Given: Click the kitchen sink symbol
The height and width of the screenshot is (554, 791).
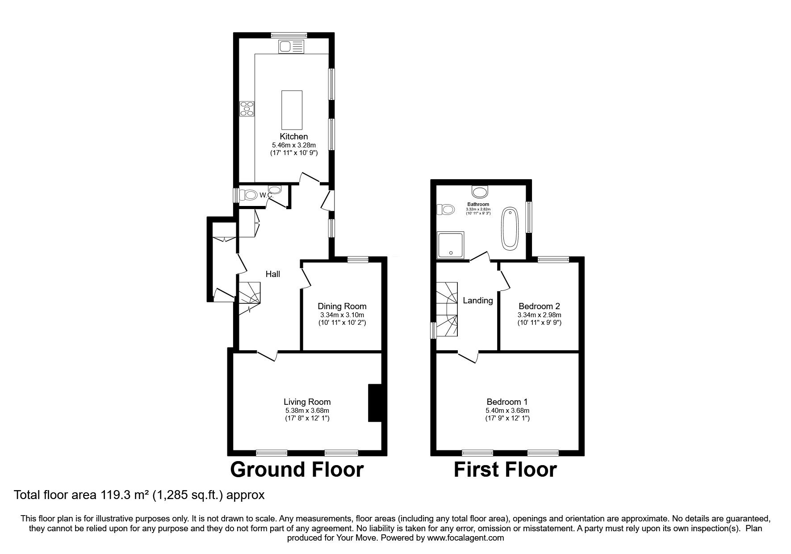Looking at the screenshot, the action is click(x=291, y=46).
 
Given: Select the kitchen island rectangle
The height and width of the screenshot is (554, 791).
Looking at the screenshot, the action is click(x=292, y=109).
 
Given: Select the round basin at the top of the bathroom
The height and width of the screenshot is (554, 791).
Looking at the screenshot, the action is click(x=481, y=192).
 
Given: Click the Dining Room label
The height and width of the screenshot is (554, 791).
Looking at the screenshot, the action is click(x=342, y=306).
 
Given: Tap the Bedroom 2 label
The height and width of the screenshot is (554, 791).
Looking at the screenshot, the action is click(x=539, y=306).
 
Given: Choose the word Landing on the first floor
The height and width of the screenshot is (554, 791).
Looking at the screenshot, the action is click(x=477, y=301).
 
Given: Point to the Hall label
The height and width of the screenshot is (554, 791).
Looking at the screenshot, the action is click(x=273, y=274).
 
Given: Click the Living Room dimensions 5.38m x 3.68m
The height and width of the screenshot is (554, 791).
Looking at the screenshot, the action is click(x=307, y=411).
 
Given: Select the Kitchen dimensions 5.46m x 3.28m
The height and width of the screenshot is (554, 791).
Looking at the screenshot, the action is click(x=294, y=145).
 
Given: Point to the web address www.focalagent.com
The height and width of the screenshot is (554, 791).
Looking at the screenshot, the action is click(x=465, y=538).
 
